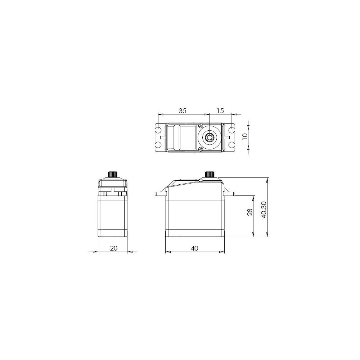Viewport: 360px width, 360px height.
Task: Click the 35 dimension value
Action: point(183,111)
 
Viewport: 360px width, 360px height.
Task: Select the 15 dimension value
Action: point(220,111)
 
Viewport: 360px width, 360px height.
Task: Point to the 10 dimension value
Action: point(245,135)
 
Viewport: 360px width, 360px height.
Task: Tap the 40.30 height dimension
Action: point(264,210)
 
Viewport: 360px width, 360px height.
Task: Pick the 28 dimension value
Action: point(250,212)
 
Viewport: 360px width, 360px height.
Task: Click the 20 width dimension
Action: point(114,248)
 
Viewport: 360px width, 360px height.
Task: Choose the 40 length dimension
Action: point(194,248)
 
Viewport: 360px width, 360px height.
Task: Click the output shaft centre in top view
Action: point(210,138)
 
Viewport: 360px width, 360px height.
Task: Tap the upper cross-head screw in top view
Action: point(201,126)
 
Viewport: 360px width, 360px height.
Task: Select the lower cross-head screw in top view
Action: point(201,149)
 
